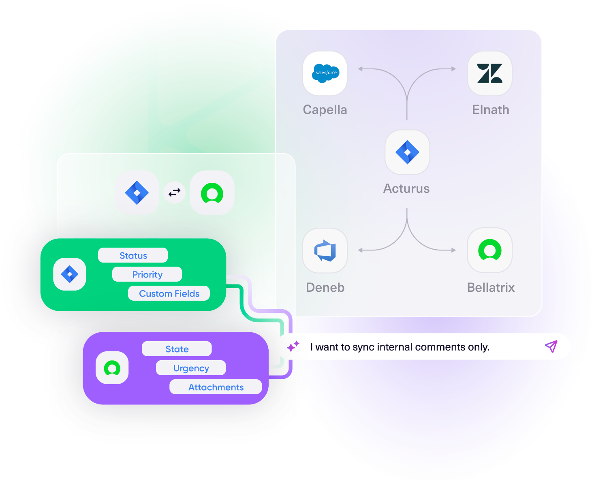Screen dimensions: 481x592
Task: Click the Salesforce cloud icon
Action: click(x=325, y=73)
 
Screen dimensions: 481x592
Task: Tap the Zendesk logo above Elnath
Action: click(x=489, y=73)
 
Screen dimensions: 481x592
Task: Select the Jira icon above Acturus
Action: click(x=407, y=152)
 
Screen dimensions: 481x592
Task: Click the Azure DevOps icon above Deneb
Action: click(x=325, y=250)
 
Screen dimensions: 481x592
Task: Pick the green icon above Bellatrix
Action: click(x=489, y=250)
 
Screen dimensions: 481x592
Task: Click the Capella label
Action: click(x=325, y=110)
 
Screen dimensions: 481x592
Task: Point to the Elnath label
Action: click(x=490, y=110)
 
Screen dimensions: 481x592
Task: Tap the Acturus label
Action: click(x=406, y=188)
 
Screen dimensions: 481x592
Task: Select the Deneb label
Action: click(x=325, y=287)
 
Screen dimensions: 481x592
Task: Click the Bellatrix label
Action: click(x=491, y=287)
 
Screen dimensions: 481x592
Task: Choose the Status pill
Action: click(x=133, y=255)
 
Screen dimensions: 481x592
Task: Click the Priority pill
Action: click(x=147, y=274)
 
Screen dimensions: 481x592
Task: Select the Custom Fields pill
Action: click(x=169, y=293)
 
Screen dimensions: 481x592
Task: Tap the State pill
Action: click(x=177, y=349)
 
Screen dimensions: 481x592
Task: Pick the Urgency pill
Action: click(x=191, y=368)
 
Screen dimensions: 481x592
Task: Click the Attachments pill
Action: click(x=216, y=387)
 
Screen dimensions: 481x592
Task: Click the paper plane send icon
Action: click(x=551, y=346)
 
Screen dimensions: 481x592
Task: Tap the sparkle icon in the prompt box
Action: click(x=293, y=346)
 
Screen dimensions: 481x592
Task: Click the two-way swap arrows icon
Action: click(x=175, y=192)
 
